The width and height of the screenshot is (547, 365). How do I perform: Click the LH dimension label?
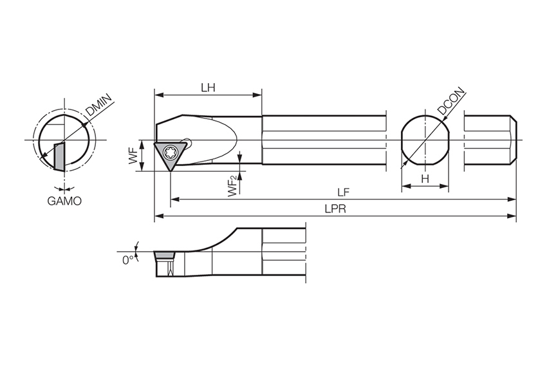(x=208, y=88)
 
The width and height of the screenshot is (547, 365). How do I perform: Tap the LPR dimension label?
(x=334, y=209)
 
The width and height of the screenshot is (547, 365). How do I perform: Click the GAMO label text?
(x=64, y=201)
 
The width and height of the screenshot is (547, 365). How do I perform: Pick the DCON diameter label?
(x=451, y=102)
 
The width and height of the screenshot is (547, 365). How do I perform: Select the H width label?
(x=425, y=178)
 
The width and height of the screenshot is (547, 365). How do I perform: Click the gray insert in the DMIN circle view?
(x=59, y=156)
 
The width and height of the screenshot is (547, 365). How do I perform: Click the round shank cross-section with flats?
(x=425, y=140)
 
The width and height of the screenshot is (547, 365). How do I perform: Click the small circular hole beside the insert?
(x=187, y=140)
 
